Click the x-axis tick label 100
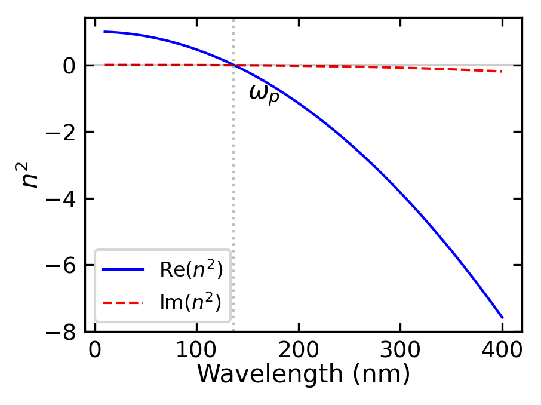(196, 349)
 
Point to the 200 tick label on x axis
(299, 349)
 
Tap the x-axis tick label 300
(400, 349)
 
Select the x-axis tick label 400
(502, 349)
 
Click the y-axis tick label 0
(69, 65)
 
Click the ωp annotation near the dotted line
(264, 94)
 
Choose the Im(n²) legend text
(190, 303)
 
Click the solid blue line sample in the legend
(123, 270)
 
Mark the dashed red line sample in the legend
(123, 303)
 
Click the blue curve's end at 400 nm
(502, 318)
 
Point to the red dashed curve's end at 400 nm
(502, 72)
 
